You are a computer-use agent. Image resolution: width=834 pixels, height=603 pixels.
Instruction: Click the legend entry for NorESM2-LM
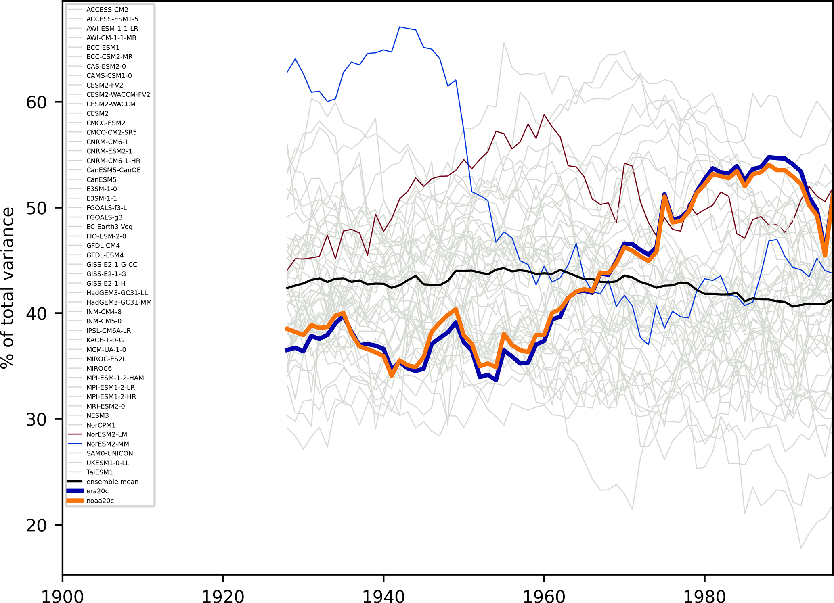(107, 434)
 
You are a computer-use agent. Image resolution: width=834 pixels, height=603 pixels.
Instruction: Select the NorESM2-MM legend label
(108, 444)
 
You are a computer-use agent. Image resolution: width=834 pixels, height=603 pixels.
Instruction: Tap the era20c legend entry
(97, 491)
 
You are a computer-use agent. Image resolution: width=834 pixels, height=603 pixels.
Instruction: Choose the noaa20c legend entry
(100, 501)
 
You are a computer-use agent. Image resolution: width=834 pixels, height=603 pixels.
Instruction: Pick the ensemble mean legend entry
(112, 482)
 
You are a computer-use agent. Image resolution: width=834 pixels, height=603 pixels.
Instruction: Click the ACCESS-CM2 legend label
(107, 10)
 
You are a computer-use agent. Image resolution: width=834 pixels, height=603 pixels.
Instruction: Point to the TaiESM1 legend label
(100, 472)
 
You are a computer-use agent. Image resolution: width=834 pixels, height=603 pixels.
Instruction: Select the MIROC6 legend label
(99, 368)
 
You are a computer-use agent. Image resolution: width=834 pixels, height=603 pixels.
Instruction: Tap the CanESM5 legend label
(101, 179)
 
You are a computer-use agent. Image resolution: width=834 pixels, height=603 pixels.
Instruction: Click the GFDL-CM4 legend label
(103, 246)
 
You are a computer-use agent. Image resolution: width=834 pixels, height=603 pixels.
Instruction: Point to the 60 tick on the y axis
(36, 102)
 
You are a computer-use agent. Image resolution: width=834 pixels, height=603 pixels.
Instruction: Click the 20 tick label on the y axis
(36, 525)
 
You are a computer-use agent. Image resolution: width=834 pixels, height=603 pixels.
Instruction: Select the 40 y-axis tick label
(36, 314)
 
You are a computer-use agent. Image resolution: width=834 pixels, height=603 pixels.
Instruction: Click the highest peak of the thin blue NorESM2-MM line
(400, 27)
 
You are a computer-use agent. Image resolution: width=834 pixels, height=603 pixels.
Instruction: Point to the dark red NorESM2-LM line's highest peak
(544, 115)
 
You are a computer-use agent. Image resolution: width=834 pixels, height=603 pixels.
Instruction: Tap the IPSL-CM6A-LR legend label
(109, 330)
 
